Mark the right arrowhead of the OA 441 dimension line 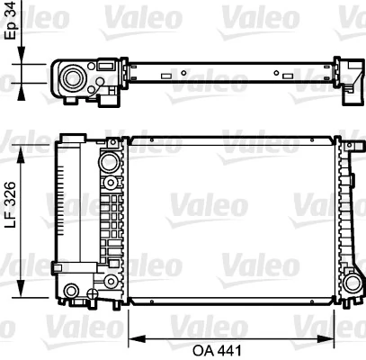tap(335, 338)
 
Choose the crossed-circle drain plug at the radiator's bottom tap(90, 294)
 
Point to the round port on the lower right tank tap(351, 280)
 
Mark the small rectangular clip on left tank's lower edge tap(58, 267)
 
